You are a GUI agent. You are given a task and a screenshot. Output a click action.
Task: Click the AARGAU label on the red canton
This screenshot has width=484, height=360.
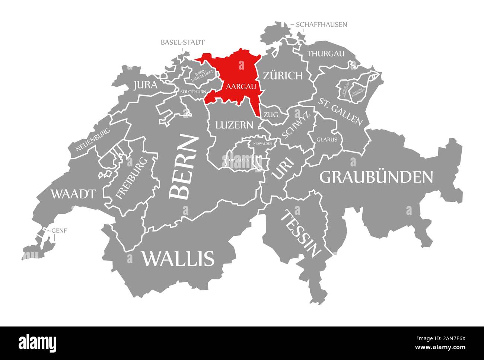241,86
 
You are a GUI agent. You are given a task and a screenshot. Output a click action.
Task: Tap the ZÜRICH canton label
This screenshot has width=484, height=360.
283,76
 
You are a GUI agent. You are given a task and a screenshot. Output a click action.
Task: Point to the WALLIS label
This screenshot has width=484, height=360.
178,258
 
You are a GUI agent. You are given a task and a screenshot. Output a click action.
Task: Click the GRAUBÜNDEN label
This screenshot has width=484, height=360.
376,177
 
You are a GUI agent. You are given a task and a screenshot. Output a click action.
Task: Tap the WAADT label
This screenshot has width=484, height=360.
73,194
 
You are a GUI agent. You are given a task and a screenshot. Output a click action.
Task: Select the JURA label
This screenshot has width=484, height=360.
145,85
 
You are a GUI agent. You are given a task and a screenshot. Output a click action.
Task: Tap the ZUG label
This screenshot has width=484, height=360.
271,115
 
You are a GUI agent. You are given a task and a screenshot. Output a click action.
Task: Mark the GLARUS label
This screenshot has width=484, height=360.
327,140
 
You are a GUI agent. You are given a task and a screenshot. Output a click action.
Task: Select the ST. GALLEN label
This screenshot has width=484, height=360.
340,111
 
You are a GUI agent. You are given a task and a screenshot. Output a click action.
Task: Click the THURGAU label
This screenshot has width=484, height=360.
325,54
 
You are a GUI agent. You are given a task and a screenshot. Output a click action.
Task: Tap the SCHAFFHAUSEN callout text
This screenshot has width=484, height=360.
321,25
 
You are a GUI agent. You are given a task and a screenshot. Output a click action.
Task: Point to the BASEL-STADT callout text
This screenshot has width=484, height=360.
182,42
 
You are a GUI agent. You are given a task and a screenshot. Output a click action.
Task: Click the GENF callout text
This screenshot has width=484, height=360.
59,230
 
